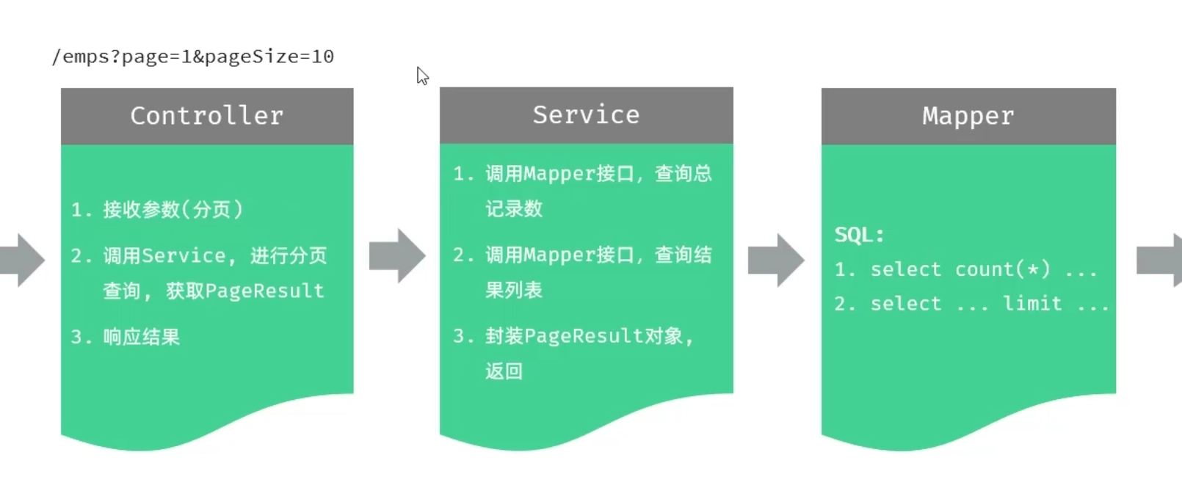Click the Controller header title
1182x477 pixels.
tap(206, 116)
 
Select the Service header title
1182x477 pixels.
tap(586, 115)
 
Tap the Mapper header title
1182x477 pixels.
tap(968, 116)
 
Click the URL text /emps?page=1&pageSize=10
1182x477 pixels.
tap(193, 57)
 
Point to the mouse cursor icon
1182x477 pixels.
tap(422, 76)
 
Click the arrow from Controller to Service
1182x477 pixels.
tap(397, 255)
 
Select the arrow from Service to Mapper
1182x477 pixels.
tap(776, 260)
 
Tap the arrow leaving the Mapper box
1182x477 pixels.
tap(1161, 260)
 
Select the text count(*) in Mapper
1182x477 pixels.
tap(1002, 269)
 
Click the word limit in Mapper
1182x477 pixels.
tap(1032, 303)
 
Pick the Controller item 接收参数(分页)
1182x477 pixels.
tap(173, 210)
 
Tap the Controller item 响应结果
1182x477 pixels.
tap(141, 337)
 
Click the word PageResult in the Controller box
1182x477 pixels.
tap(264, 291)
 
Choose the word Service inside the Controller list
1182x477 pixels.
tap(184, 255)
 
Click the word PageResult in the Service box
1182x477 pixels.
tap(584, 336)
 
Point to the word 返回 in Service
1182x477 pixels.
tap(504, 371)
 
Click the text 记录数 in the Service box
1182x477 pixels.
tap(513, 209)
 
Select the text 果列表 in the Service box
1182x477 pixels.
tap(513, 290)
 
